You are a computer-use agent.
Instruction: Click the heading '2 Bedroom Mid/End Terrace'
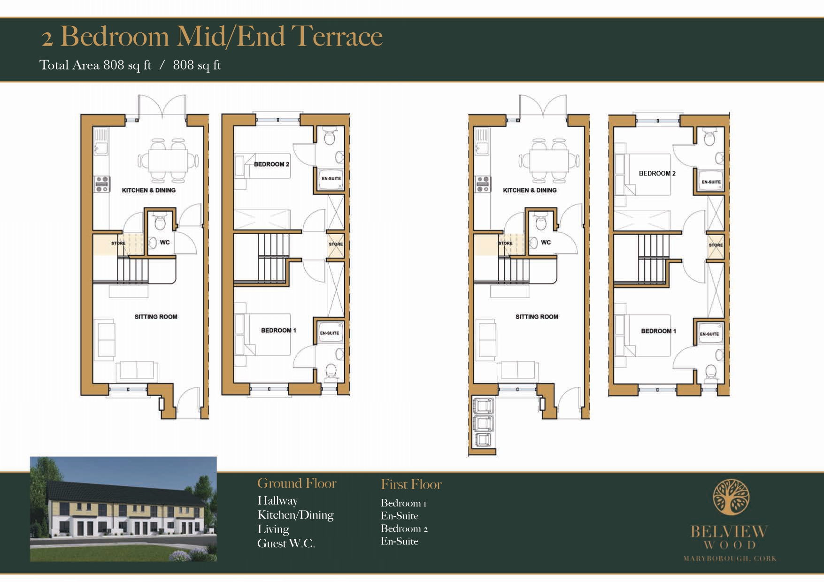[x=212, y=36]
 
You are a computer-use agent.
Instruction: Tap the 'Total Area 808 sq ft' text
[x=95, y=65]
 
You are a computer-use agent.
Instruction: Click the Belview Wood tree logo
[x=731, y=497]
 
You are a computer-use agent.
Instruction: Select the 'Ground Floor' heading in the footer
[x=297, y=483]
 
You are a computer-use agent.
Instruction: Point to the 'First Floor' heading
[x=411, y=484]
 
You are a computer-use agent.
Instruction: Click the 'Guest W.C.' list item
[x=286, y=543]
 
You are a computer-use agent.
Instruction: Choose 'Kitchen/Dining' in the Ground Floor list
[x=295, y=515]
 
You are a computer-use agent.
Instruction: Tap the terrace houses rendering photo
[x=123, y=509]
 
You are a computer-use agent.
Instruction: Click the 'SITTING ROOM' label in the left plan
[x=156, y=317]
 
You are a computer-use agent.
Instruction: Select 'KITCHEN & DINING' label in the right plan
[x=530, y=190]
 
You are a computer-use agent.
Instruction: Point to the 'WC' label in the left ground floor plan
[x=165, y=242]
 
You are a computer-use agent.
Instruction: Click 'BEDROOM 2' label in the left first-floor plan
[x=271, y=164]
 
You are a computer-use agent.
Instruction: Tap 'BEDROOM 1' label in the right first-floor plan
[x=659, y=331]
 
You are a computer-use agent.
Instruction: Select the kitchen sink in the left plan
[x=101, y=141]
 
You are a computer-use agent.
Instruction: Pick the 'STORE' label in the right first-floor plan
[x=716, y=245]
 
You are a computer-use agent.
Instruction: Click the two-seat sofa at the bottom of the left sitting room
[x=137, y=370]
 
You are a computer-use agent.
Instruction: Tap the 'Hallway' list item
[x=277, y=501]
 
